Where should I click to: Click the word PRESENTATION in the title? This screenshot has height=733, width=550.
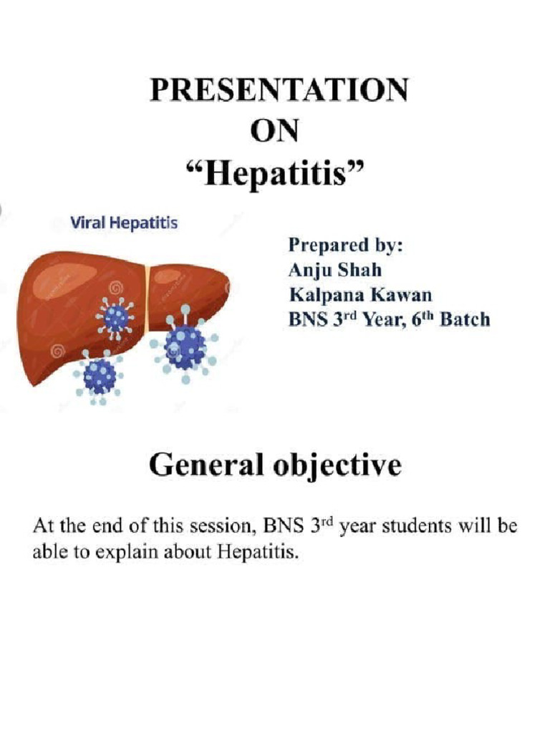[x=279, y=91]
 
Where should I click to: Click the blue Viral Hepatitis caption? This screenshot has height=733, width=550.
[x=123, y=223]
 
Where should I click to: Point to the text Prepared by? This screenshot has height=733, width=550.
[x=346, y=246]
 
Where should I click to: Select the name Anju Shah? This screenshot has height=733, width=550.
[x=334, y=271]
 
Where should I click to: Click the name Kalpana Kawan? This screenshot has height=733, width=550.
[x=360, y=294]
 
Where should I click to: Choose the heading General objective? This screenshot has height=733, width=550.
[x=275, y=466]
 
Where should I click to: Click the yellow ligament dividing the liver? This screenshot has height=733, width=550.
[x=147, y=298]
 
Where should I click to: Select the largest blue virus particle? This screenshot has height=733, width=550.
[x=185, y=345]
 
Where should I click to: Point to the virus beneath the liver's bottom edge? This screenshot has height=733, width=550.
[x=99, y=375]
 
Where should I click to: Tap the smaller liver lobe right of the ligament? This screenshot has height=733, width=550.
[x=188, y=286]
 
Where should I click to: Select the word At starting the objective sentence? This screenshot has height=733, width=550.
[x=42, y=528]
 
